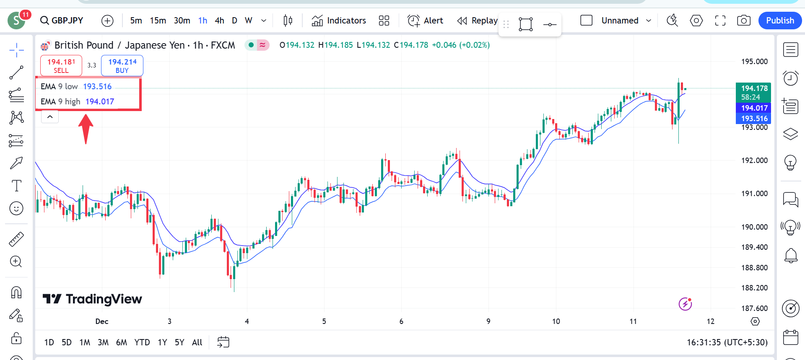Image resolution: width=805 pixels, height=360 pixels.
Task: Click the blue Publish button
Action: pos(780,21)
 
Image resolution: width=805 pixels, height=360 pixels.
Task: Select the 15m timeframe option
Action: pos(158,21)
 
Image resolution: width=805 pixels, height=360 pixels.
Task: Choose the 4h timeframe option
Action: pos(219,21)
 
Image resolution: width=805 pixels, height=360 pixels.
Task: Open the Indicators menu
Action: pos(339,21)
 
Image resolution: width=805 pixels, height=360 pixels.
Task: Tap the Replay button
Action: pos(478,21)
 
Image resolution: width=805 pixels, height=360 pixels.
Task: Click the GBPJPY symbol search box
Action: pos(62,21)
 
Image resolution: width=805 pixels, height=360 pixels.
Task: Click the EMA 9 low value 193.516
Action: pos(97,86)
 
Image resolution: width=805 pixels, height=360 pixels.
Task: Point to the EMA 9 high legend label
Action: pos(60,101)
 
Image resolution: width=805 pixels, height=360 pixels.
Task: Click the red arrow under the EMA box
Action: pos(86,128)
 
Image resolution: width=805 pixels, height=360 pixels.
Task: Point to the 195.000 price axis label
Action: pos(754,62)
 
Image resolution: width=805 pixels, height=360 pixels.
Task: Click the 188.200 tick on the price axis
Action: pos(754,288)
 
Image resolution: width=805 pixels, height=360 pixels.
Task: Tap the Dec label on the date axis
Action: pos(102,321)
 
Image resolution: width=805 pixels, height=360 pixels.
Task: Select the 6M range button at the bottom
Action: pos(122,342)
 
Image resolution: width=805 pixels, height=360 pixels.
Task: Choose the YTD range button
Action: pos(142,342)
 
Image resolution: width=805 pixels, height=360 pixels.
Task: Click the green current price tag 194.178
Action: pos(754,88)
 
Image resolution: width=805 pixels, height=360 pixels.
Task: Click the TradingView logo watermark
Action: pos(93,299)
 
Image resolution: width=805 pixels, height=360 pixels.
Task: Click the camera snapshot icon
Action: pos(743,21)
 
